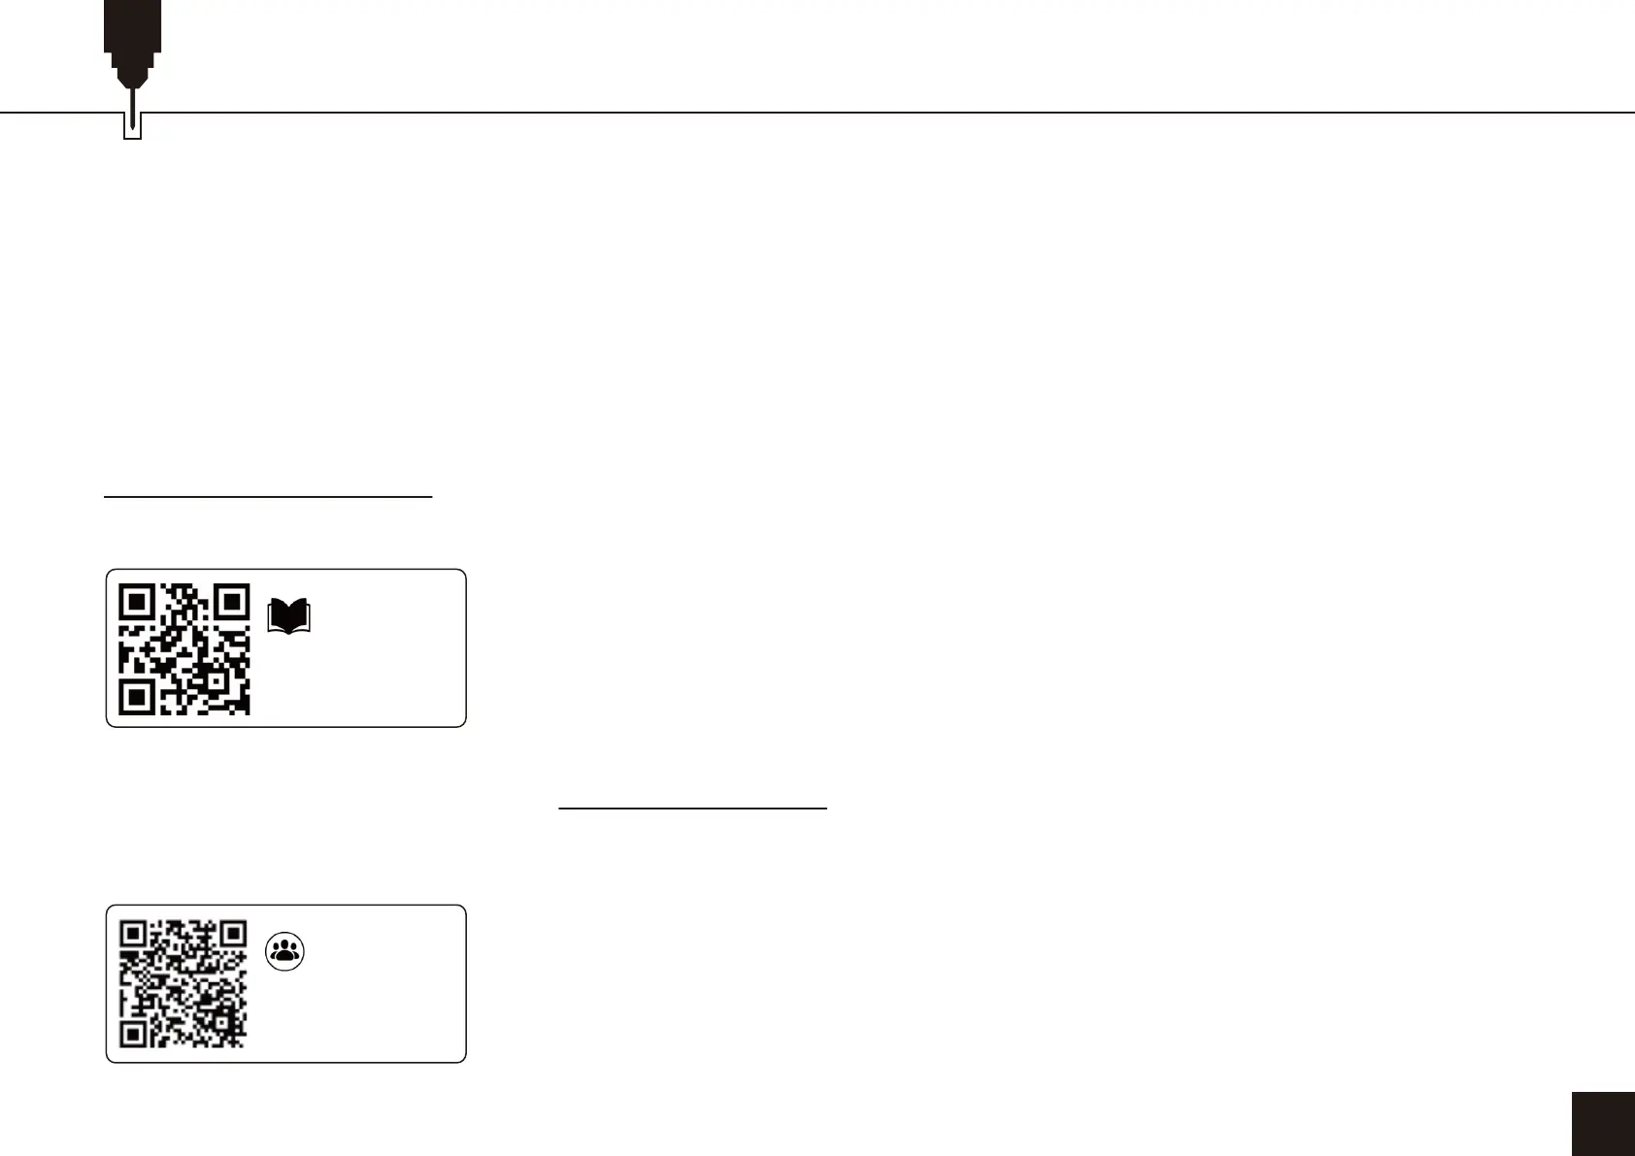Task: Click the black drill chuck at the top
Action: click(133, 29)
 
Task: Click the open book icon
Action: click(288, 617)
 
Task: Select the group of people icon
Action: click(284, 951)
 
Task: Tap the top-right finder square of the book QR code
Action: click(230, 604)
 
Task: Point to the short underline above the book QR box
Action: click(267, 496)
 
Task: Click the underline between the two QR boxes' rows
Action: click(692, 807)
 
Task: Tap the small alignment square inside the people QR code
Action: click(221, 1021)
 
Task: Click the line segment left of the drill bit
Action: click(58, 113)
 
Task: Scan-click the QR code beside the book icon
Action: click(184, 649)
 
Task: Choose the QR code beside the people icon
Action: click(184, 983)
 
